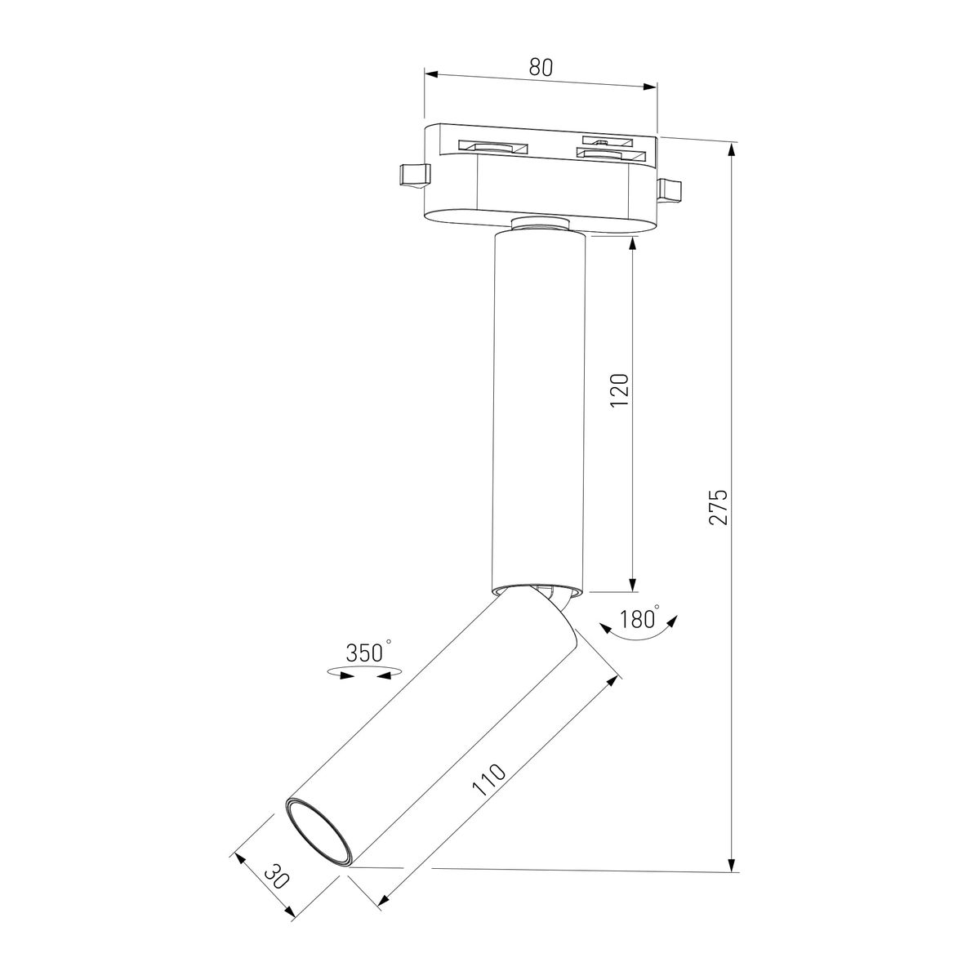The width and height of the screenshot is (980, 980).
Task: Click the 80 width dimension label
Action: coord(540,67)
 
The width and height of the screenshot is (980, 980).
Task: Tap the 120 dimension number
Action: coord(620,390)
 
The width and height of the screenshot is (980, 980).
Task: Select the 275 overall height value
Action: coord(719,507)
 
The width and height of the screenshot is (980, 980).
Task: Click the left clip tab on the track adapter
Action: coord(415,175)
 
